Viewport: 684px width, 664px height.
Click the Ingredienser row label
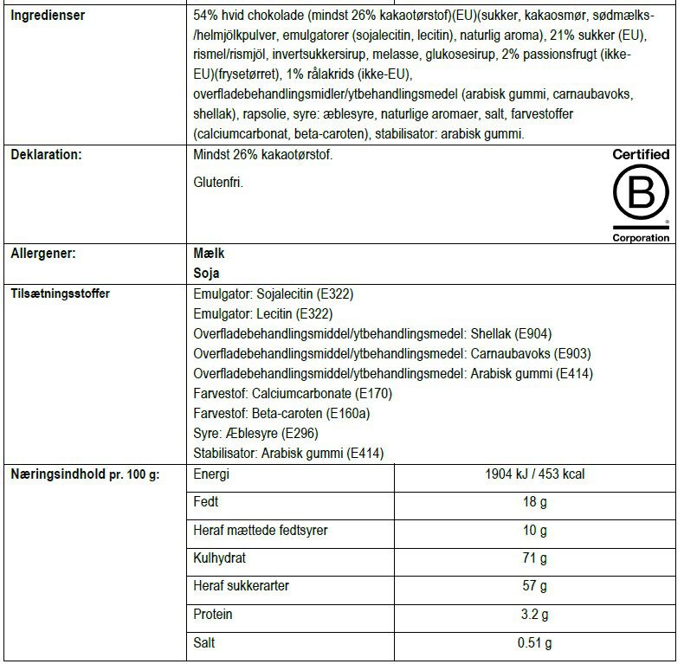pyautogui.click(x=48, y=16)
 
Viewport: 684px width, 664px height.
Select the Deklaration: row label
pyautogui.click(x=46, y=155)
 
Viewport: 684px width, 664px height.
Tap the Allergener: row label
pyautogui.click(x=42, y=255)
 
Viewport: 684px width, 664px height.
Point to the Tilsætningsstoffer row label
pyautogui.click(x=60, y=293)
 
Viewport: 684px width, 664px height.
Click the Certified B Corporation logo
pyautogui.click(x=641, y=196)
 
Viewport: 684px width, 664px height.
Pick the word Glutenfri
pyautogui.click(x=219, y=183)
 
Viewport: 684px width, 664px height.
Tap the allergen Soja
pyautogui.click(x=207, y=273)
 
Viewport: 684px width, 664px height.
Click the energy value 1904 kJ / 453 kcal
pyautogui.click(x=536, y=475)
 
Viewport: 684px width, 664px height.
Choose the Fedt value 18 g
pyautogui.click(x=536, y=503)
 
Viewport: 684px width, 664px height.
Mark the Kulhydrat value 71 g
pyautogui.click(x=536, y=558)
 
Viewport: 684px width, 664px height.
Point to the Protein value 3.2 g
pyautogui.click(x=536, y=615)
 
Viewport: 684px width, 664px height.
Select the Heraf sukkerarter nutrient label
pyautogui.click(x=242, y=586)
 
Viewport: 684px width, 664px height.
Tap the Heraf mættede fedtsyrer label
pyautogui.click(x=260, y=531)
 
